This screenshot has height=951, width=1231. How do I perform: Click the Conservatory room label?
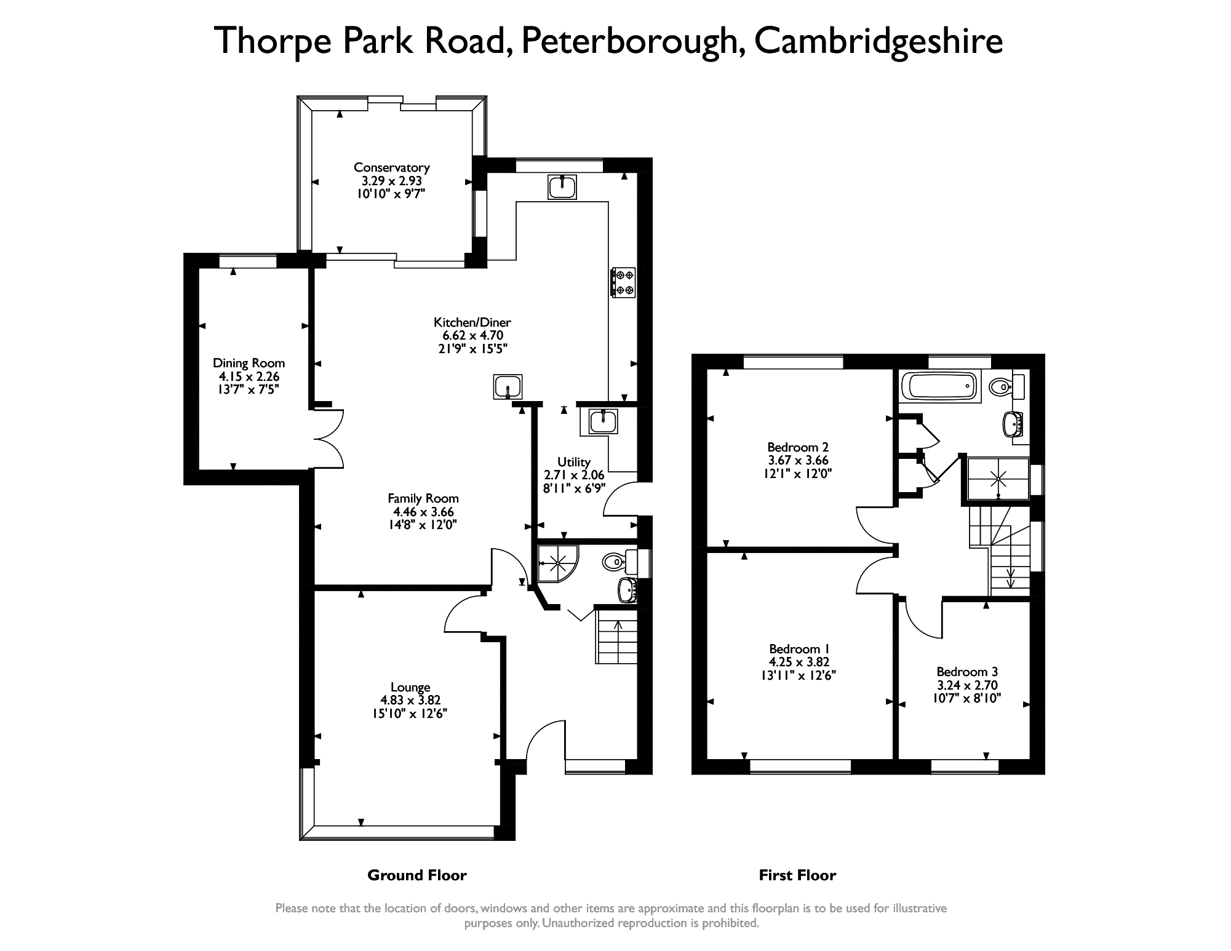point(391,167)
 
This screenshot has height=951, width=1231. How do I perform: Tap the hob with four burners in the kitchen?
point(623,282)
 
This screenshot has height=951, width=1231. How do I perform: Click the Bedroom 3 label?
point(967,672)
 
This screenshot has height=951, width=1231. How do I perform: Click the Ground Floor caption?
point(416,875)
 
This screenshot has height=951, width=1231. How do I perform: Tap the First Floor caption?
point(797,875)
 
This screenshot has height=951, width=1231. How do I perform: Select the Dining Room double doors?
point(328,439)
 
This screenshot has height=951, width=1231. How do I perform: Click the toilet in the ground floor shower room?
point(617,561)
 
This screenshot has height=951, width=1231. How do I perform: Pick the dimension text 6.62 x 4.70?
point(472,335)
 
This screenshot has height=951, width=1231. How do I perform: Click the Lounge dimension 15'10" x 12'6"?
point(410,714)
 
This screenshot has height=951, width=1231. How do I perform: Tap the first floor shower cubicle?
point(998,478)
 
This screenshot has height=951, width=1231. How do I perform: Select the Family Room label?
point(423,498)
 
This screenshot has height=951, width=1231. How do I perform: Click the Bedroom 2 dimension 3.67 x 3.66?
point(798,460)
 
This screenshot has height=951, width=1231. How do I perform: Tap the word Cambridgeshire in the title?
point(878,41)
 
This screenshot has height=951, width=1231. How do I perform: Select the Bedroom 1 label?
point(799,649)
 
